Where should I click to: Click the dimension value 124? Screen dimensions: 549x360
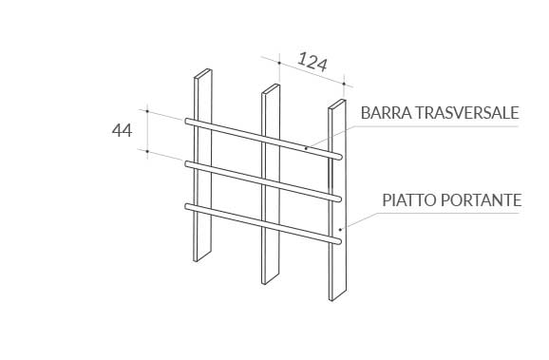312,63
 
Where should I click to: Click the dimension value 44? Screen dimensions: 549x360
122,130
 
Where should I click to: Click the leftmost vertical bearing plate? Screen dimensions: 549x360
202,165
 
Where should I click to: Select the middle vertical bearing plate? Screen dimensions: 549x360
271,184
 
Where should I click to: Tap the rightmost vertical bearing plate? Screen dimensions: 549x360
337,200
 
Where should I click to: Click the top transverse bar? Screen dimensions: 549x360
263,139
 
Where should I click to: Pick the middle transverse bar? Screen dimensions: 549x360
263,181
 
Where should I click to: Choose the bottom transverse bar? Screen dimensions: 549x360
263,224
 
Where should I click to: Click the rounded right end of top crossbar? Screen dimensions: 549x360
339,157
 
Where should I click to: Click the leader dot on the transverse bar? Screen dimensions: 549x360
306,148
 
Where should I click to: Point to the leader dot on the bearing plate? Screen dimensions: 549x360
340,230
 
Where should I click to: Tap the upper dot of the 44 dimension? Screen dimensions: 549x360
147,111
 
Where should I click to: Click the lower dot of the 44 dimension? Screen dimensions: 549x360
147,152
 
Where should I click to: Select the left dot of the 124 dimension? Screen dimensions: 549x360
279,63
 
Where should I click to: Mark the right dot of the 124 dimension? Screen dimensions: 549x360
344,84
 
